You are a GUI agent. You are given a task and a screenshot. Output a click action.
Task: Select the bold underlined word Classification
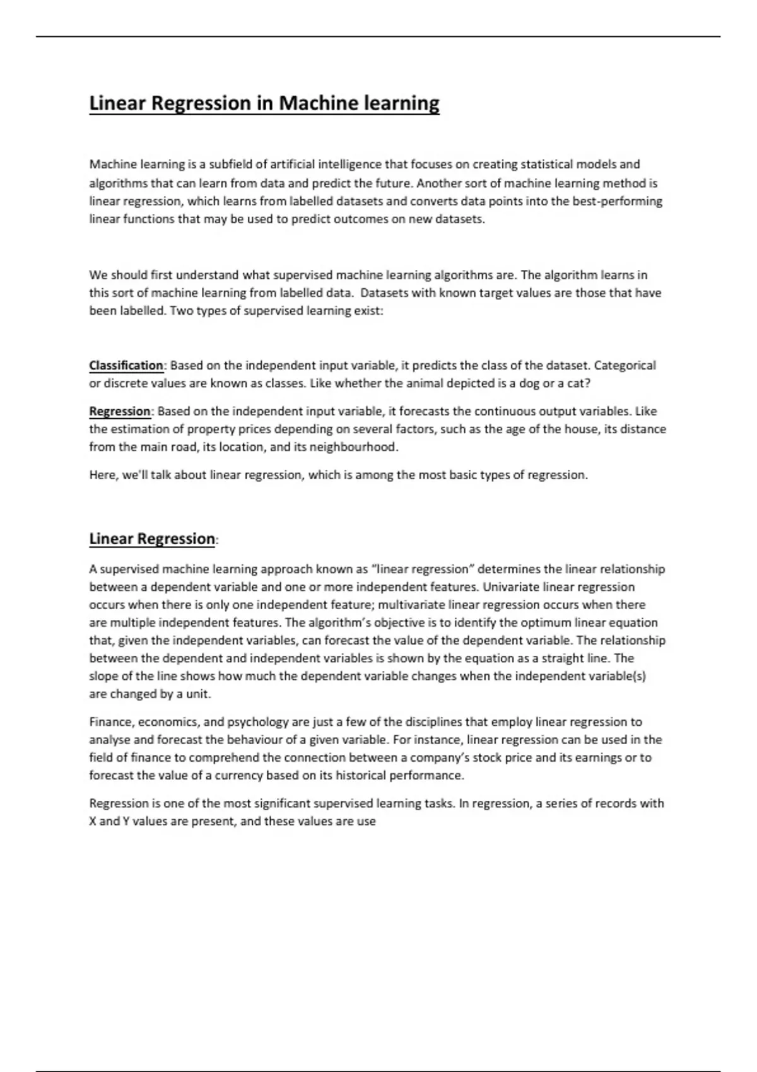point(126,366)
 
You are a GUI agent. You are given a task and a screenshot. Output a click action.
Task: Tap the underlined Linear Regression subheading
point(152,539)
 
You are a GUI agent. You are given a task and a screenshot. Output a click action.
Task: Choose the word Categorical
point(625,366)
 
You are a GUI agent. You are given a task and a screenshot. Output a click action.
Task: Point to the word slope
point(103,676)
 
